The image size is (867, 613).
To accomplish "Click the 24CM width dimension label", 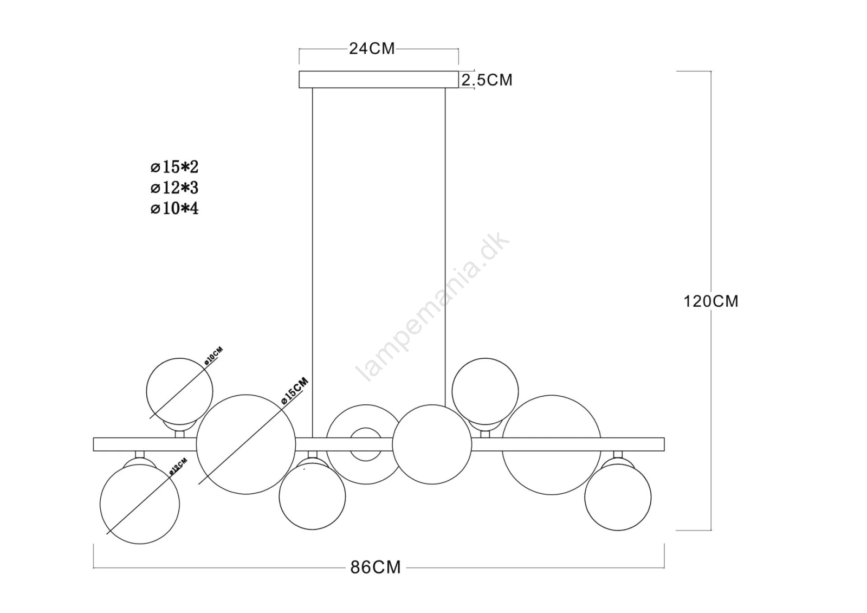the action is pyautogui.click(x=372, y=49).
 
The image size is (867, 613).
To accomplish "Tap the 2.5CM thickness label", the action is pyautogui.click(x=487, y=80).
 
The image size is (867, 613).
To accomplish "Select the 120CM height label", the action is pyautogui.click(x=711, y=301).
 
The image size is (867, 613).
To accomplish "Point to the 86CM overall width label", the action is pyautogui.click(x=376, y=567).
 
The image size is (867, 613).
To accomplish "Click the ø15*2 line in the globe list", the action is pyautogui.click(x=174, y=167).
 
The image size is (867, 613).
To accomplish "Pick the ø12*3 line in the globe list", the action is pyautogui.click(x=174, y=188).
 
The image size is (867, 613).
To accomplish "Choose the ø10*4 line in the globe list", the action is pyautogui.click(x=174, y=209).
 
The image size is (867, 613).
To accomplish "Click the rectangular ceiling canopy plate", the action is pyautogui.click(x=379, y=79).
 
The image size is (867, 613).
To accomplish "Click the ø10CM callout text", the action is pyautogui.click(x=213, y=357).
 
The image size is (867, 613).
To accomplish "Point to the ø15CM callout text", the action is pyautogui.click(x=295, y=391).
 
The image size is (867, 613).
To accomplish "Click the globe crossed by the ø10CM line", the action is pyautogui.click(x=179, y=391).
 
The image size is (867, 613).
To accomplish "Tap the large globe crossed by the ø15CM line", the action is pyautogui.click(x=246, y=444).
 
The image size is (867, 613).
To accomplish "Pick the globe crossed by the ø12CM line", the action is pyautogui.click(x=140, y=504).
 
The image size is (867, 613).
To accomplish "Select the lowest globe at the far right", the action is pyautogui.click(x=618, y=497).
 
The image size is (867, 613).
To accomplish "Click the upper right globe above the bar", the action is pyautogui.click(x=485, y=391).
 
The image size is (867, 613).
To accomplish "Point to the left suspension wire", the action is pyautogui.click(x=312, y=262).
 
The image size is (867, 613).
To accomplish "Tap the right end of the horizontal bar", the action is pyautogui.click(x=664, y=444).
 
